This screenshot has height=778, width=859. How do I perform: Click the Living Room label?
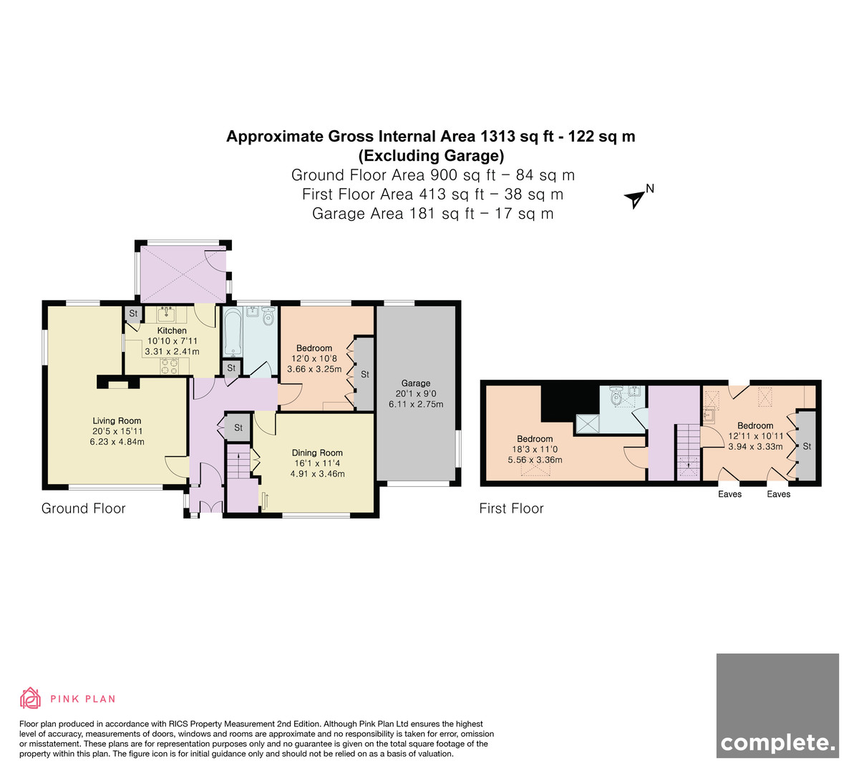pos(117,420)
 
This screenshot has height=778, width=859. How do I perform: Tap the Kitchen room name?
pos(172,330)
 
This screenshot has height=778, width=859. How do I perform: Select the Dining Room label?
pos(317,453)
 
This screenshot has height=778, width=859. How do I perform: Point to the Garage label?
pos(416,383)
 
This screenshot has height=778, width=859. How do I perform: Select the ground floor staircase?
pos(238,461)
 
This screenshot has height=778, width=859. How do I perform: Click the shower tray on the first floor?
pos(587,423)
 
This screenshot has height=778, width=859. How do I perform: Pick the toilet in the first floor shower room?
pos(616,396)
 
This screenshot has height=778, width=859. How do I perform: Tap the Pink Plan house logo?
pos(30,699)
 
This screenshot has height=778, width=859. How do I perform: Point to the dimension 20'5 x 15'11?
pos(117,431)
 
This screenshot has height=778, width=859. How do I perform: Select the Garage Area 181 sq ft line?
pos(432,214)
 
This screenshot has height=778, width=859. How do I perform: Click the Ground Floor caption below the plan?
pos(84,508)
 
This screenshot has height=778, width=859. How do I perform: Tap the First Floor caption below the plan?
pos(511,508)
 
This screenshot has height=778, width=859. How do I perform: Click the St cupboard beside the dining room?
pos(238,428)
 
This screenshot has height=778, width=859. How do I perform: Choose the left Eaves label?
pos(729,494)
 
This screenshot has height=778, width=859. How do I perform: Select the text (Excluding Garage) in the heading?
pos(431,155)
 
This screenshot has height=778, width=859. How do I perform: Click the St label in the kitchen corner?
pos(133,313)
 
